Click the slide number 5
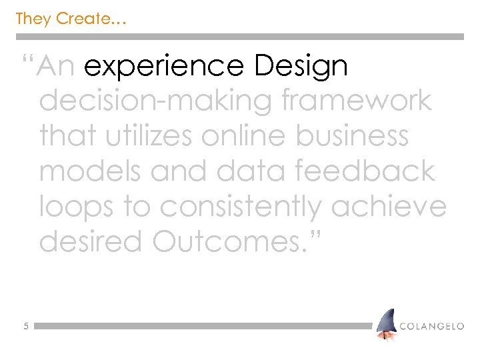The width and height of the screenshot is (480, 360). click(25, 327)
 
